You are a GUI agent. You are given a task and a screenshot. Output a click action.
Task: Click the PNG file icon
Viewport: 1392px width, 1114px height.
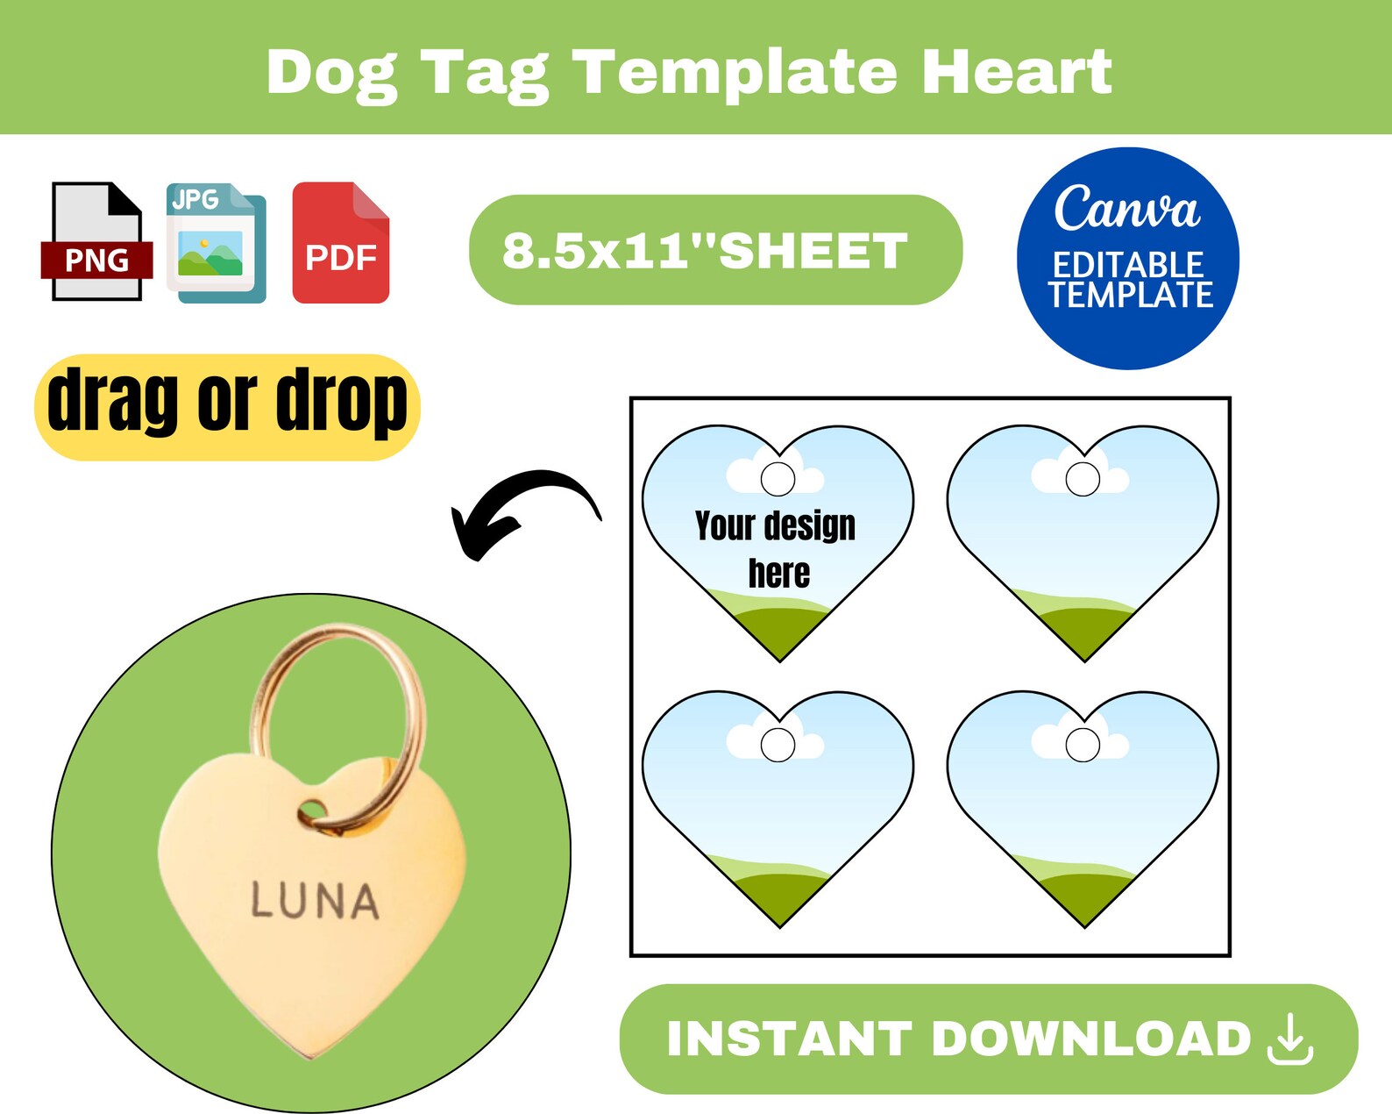point(96,241)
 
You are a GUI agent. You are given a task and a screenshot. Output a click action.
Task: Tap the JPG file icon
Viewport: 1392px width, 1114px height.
point(216,243)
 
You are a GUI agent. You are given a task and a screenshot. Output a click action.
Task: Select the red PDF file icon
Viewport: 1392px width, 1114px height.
point(341,243)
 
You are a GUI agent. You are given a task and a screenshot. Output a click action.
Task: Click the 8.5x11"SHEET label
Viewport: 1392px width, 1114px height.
point(706,250)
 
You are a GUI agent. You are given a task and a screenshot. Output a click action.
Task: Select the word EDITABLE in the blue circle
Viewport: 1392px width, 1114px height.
point(1128,264)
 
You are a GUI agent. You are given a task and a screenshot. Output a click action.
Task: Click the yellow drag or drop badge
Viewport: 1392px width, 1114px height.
point(227,406)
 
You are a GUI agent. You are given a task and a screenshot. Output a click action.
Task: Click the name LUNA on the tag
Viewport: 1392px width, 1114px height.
point(315,901)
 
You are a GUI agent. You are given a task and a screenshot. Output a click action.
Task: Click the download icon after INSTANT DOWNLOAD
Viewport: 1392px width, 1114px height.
point(1290,1039)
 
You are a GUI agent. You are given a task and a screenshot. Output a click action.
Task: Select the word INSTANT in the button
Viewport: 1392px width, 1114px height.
point(789,1039)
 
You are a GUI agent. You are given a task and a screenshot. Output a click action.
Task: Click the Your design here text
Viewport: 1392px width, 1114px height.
point(776,548)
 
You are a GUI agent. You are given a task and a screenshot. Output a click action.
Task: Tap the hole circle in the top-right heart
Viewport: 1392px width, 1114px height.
point(1083,479)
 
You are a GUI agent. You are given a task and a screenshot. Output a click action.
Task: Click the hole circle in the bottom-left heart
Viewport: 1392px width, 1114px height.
point(778,745)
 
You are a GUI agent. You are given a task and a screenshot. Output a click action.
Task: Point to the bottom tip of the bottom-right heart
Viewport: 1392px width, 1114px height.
point(1084,925)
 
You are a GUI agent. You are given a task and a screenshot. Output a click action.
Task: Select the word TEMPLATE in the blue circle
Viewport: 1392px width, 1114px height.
point(1131,295)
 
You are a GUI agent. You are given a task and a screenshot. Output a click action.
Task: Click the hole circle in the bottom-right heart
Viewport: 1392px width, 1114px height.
point(1083,745)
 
